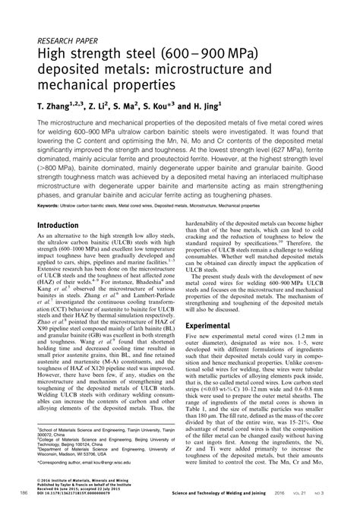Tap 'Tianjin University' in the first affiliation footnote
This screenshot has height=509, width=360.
(x=153, y=429)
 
